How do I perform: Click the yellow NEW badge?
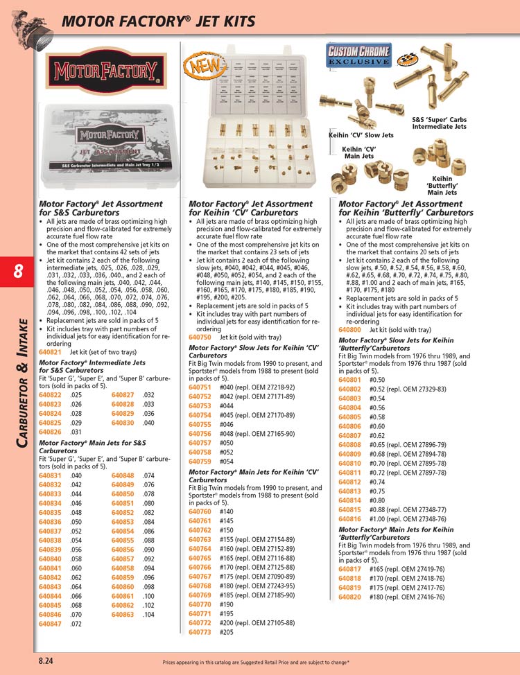pyautogui.click(x=197, y=67)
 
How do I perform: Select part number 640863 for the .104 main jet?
pyautogui.click(x=123, y=615)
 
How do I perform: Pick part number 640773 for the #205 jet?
pyautogui.click(x=200, y=632)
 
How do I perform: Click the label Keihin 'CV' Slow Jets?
pyautogui.click(x=361, y=135)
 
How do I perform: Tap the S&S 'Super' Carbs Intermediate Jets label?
pyautogui.click(x=440, y=123)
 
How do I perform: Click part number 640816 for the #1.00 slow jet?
pyautogui.click(x=350, y=518)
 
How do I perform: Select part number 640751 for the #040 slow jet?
pyautogui.click(x=200, y=387)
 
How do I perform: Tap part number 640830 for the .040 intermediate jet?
pyautogui.click(x=123, y=423)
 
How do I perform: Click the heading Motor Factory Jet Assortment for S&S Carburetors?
pyautogui.click(x=101, y=208)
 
